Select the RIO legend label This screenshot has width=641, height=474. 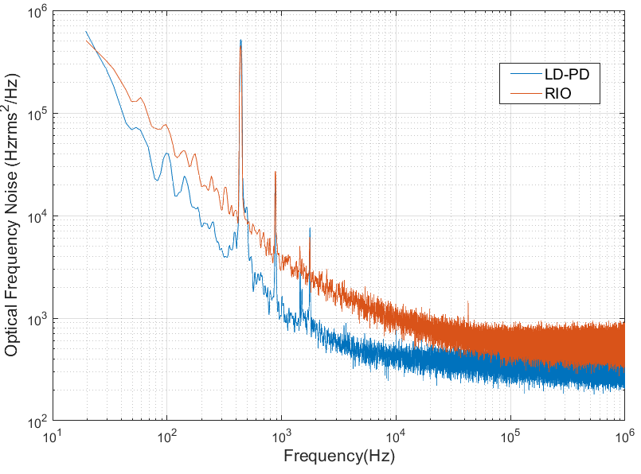(559, 94)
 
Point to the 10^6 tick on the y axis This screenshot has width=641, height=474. (37, 12)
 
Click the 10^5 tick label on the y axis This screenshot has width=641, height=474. (37, 115)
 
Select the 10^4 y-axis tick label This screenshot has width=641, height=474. (37, 217)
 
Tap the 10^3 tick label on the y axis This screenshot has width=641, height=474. (37, 320)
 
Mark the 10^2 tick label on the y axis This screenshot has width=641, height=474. (37, 422)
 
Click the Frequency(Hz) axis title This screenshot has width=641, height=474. (338, 457)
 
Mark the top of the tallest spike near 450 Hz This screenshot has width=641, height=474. (240, 41)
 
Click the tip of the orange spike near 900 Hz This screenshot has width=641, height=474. (276, 172)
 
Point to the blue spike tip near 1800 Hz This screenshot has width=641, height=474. (310, 229)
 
